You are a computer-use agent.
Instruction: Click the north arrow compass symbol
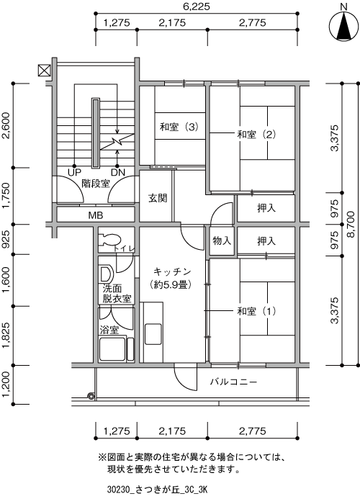(x=343, y=26)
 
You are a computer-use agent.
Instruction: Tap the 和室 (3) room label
(x=179, y=127)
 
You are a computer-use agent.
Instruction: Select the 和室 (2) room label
(x=256, y=134)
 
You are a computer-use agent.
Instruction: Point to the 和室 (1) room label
(x=256, y=311)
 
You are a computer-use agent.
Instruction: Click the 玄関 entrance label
(x=158, y=198)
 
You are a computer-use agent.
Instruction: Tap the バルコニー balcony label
(x=234, y=382)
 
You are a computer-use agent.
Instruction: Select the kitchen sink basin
(x=153, y=334)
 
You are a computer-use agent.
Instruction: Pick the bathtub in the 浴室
(x=112, y=348)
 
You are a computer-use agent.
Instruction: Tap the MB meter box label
(x=96, y=215)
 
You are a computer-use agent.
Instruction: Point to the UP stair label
(x=75, y=173)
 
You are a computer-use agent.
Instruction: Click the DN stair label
(x=118, y=173)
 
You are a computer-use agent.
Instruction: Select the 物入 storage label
(x=222, y=240)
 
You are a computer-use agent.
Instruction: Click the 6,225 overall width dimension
(x=197, y=6)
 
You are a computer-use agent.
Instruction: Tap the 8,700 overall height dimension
(x=351, y=224)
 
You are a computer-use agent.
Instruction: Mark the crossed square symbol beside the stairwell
(x=44, y=71)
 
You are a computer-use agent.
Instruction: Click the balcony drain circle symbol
(x=91, y=396)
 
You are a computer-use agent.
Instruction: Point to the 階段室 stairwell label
(x=96, y=184)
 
